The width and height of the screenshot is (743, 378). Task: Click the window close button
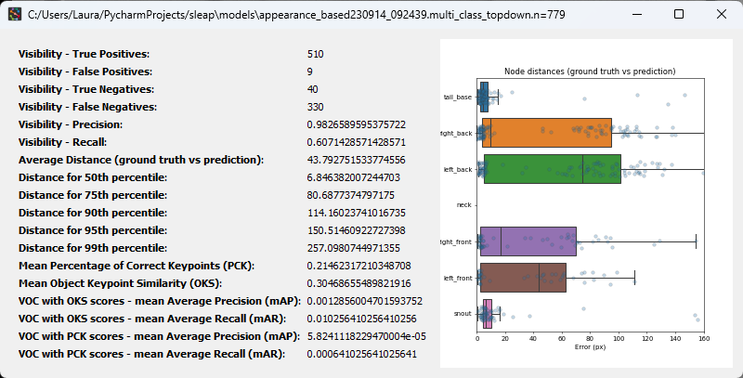pos(722,14)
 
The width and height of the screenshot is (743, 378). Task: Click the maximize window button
pos(679,14)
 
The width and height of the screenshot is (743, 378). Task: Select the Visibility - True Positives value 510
pos(316,54)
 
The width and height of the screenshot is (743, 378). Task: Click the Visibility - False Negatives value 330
pos(316,107)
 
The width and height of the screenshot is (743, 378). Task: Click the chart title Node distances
pos(589,72)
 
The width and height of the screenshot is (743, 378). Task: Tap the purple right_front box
pos(527,241)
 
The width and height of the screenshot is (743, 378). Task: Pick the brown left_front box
pos(522,278)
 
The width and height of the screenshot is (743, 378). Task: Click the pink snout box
pos(485,314)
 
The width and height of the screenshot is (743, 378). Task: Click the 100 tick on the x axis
pos(619,340)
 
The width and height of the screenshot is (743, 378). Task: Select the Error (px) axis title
pos(590,348)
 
